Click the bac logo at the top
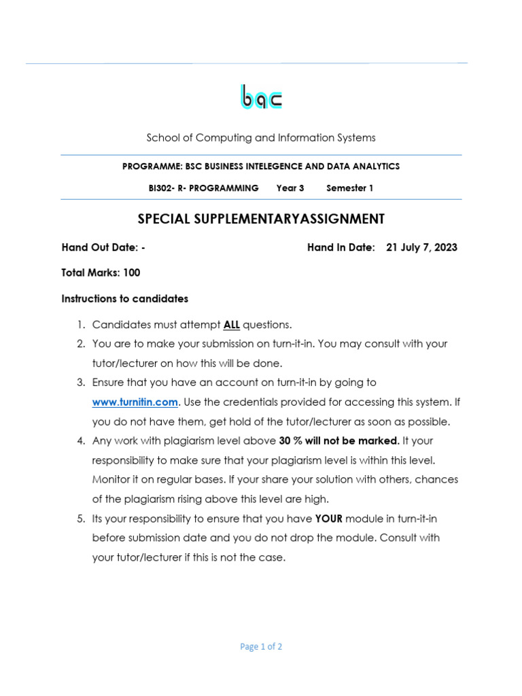point(261,97)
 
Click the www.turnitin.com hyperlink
point(135,402)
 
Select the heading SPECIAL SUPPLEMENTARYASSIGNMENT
point(261,219)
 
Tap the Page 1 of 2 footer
point(261,646)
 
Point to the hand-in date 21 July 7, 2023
point(421,247)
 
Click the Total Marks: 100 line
point(101,273)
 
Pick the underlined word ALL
point(231,324)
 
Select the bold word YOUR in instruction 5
point(329,519)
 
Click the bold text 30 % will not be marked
point(338,440)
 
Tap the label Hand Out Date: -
point(103,247)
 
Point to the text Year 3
point(290,188)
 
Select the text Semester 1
point(349,188)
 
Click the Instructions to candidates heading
point(124,298)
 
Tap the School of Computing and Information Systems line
point(261,138)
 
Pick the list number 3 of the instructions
point(80,383)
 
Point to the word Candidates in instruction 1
point(118,324)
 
